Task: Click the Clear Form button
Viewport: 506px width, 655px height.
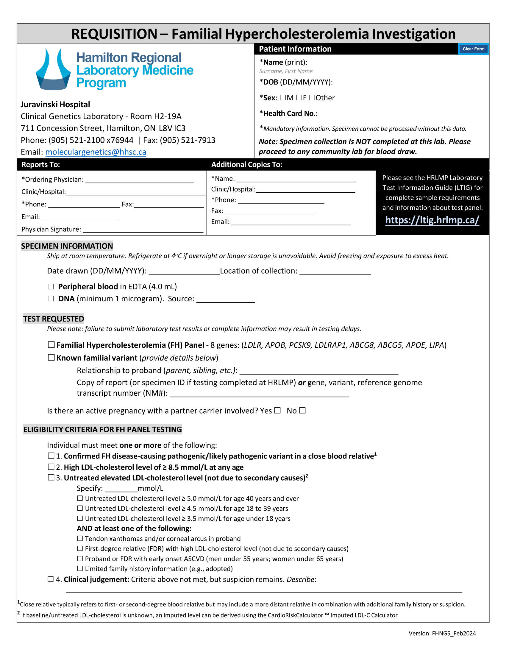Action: (x=473, y=49)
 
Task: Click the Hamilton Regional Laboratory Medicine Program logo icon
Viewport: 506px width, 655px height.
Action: (x=53, y=70)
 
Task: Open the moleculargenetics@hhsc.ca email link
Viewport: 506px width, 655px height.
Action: (x=96, y=152)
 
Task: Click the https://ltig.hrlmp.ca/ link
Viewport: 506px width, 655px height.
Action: (x=432, y=220)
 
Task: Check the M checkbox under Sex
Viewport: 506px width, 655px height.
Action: (x=283, y=98)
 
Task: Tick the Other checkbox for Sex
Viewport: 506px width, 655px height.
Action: (x=312, y=98)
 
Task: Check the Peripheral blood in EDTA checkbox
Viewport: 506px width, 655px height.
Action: (x=51, y=287)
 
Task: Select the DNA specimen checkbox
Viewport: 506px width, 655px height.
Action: (x=51, y=299)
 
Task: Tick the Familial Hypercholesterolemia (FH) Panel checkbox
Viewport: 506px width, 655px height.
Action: (x=51, y=345)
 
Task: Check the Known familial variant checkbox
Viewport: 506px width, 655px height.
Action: (x=51, y=358)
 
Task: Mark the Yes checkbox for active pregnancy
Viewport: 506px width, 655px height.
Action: (x=278, y=410)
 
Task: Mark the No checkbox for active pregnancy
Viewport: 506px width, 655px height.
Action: (x=302, y=410)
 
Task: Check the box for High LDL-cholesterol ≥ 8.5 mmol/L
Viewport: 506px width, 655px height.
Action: (x=51, y=467)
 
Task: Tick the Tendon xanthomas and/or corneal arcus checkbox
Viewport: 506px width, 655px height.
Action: (x=80, y=539)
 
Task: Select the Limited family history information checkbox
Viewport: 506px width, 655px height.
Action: (x=80, y=569)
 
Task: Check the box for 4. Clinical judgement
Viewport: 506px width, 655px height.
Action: (x=51, y=579)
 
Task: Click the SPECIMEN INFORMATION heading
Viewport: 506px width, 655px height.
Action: (x=67, y=246)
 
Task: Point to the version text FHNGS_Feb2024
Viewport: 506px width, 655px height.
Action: (x=454, y=633)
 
